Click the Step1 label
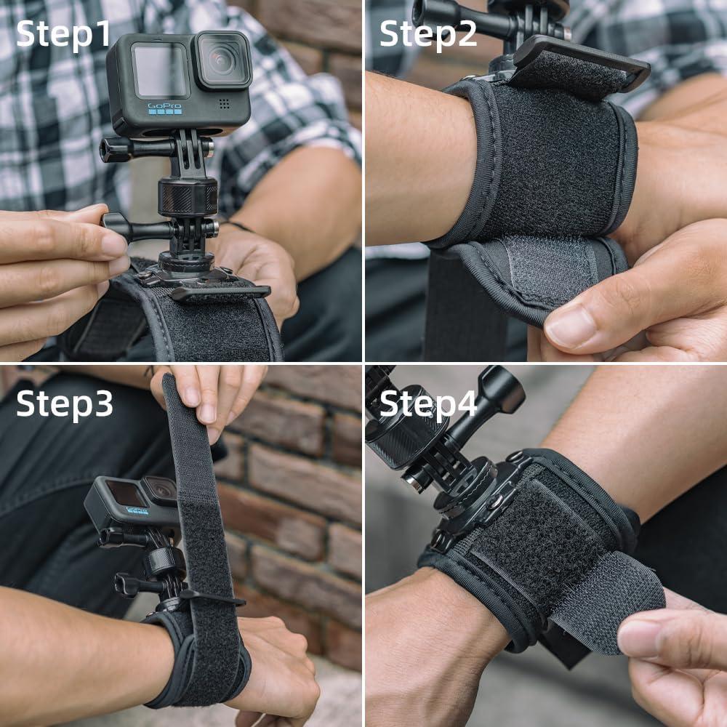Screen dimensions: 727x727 pos(64,34)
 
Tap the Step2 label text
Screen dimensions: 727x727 pos(428,34)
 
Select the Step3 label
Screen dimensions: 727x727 pos(64,403)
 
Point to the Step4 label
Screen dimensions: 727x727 pos(428,403)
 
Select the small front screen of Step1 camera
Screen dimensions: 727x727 pos(160,70)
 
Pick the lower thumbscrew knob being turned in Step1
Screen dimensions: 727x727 pos(116,227)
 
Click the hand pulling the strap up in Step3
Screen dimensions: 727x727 pos(211,396)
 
